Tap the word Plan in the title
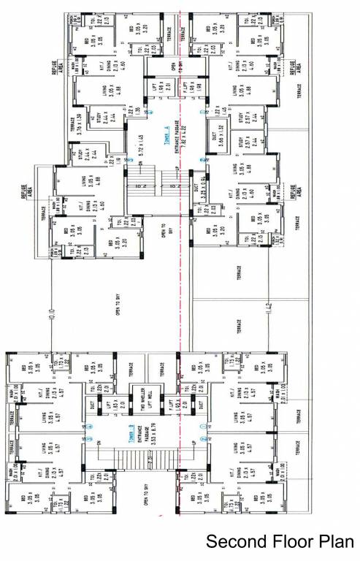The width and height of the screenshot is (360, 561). (x=338, y=543)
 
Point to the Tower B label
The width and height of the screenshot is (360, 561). (x=93, y=429)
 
